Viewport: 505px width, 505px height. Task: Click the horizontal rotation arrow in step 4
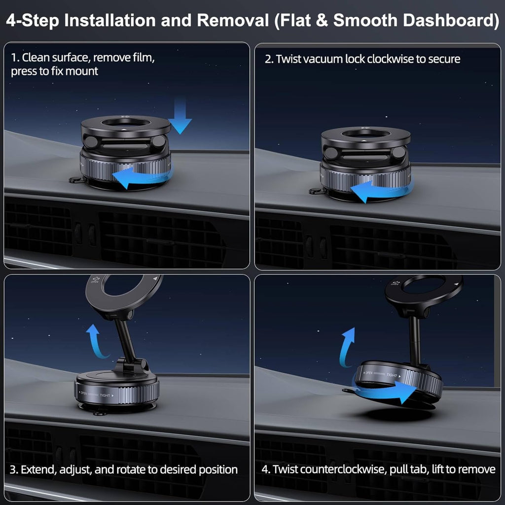[390, 392]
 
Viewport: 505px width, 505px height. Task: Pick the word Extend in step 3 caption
[43, 469]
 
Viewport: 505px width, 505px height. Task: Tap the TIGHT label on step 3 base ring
[106, 396]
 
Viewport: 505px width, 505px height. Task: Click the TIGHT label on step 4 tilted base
[392, 376]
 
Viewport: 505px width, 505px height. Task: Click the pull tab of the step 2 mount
[316, 191]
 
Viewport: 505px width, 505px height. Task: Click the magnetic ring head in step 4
[424, 291]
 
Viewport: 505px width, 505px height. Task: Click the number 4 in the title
[12, 21]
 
